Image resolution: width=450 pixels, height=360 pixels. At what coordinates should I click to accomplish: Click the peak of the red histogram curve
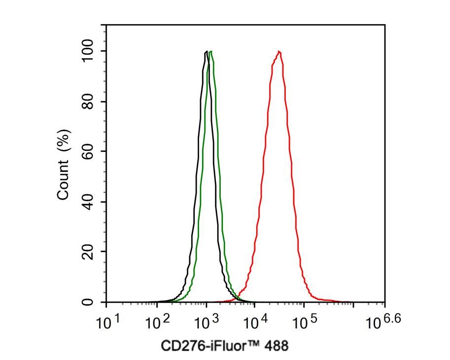279,51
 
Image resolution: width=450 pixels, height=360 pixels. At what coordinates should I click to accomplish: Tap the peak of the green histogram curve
211,51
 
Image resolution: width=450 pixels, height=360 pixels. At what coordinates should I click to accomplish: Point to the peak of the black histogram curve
206,51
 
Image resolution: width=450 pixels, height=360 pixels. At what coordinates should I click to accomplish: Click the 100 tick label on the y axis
88,51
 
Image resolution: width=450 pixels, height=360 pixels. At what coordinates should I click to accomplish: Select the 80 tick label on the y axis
88,102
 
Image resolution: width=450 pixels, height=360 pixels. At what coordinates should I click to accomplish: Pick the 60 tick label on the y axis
88,152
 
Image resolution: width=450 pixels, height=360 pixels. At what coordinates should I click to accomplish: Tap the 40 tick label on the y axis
88,202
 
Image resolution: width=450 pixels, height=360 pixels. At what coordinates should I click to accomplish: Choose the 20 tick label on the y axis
88,252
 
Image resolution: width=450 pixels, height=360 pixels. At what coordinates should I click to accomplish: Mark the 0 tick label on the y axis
88,302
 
